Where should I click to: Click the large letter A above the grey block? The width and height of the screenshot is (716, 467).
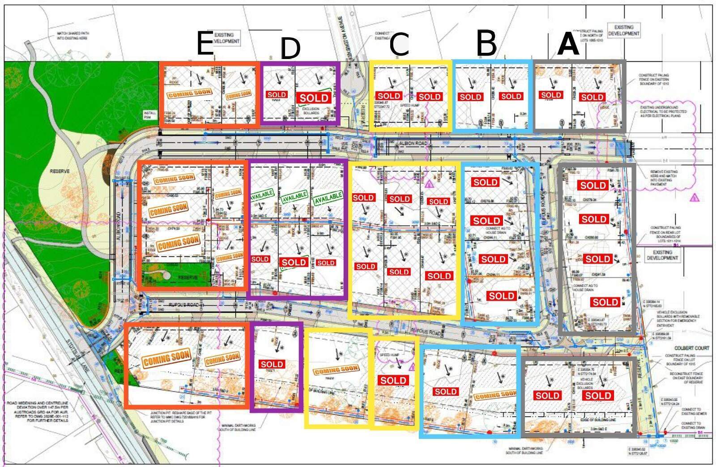(x=568, y=44)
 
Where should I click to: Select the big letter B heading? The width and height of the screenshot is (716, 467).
(x=486, y=43)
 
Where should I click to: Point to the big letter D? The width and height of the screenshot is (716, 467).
(x=290, y=48)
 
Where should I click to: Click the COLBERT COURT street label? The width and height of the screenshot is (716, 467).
(x=691, y=348)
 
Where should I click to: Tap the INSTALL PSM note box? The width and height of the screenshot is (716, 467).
(x=150, y=115)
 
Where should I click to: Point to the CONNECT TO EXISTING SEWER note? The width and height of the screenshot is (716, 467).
(x=691, y=412)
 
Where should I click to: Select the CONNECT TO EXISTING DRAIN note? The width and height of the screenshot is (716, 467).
(x=691, y=425)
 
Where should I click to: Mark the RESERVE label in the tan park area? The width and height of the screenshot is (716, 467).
(x=60, y=171)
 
